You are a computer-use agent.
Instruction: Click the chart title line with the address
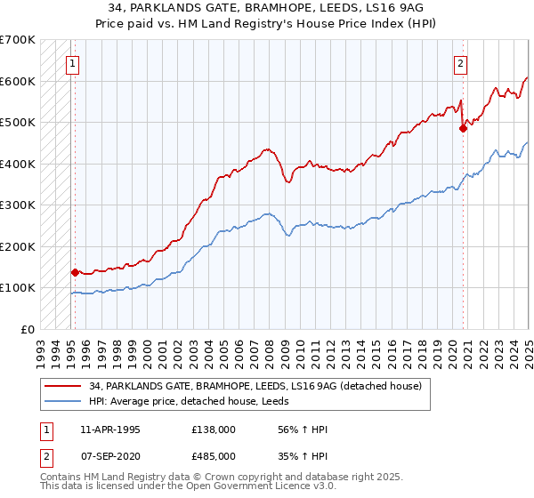click(x=267, y=8)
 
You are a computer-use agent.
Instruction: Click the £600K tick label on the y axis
click(x=18, y=81)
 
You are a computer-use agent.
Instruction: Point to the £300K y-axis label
click(x=18, y=205)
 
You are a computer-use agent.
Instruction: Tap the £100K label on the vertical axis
click(x=18, y=287)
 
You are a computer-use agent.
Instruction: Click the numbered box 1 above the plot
click(x=71, y=63)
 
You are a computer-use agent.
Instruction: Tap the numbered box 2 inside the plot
click(x=461, y=63)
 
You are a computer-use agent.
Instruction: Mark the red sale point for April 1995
click(x=75, y=272)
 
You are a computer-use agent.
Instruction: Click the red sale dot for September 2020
click(x=463, y=129)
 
